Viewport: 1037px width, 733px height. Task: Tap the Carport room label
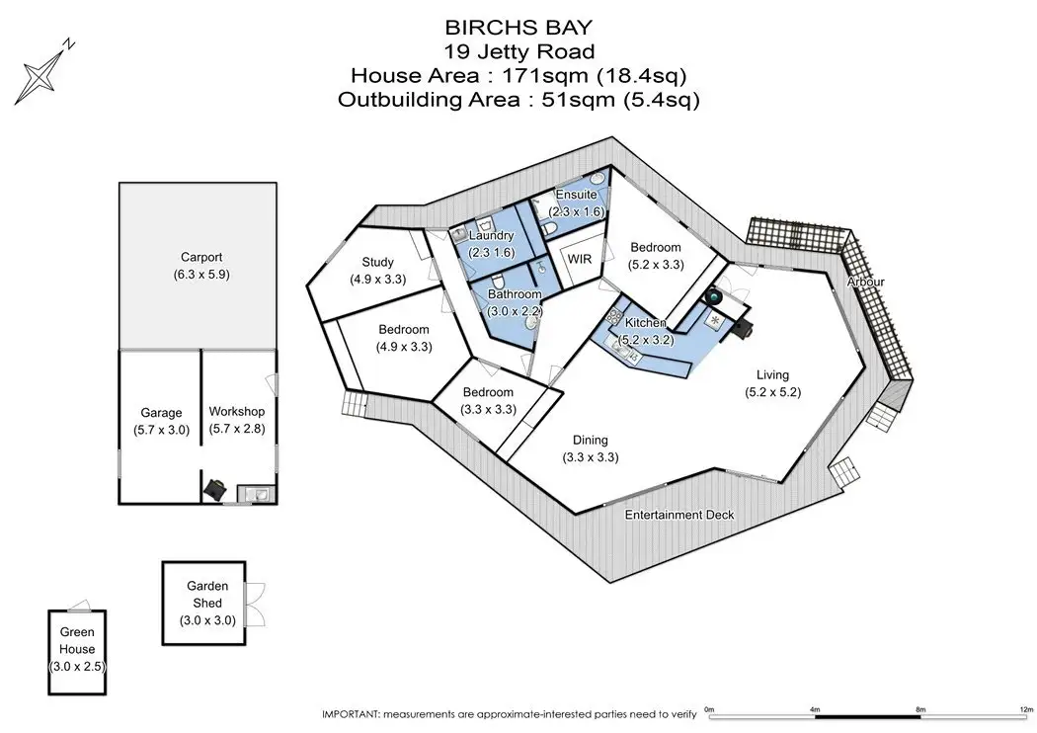201,258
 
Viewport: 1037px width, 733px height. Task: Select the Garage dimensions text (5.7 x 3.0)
161,430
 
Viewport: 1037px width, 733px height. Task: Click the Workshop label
237,412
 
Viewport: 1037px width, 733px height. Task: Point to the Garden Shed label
207,594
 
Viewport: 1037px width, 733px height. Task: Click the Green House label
77,640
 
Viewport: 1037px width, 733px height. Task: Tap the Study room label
377,262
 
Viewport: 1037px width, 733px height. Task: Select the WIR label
580,259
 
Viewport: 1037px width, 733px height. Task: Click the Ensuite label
576,195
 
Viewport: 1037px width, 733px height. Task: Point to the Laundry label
492,235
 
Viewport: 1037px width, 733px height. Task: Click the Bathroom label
515,293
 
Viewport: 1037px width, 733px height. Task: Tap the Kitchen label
646,323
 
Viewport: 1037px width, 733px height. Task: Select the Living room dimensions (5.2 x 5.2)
772,391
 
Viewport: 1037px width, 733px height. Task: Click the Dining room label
590,440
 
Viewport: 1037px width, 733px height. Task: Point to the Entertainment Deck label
679,515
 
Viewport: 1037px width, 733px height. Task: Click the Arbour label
866,282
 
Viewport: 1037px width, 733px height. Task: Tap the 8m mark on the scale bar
919,709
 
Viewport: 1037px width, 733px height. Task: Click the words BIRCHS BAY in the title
518,27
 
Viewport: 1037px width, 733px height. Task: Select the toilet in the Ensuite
549,229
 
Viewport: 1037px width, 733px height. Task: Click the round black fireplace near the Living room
714,296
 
